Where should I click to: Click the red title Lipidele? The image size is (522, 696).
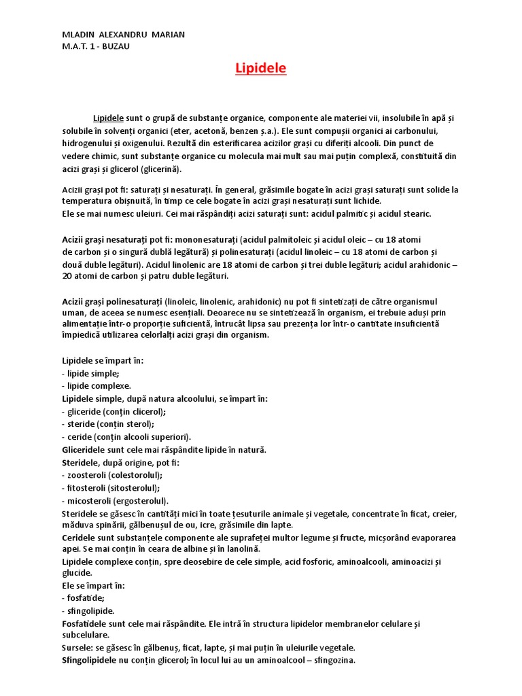[260, 69]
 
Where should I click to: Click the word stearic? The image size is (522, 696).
[415, 213]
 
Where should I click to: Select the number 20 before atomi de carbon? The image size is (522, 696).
[67, 277]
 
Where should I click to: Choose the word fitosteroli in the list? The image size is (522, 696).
[86, 487]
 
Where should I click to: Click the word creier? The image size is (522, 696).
[442, 513]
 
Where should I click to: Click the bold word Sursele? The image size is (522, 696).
[80, 648]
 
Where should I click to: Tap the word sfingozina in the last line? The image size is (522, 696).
[332, 660]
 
